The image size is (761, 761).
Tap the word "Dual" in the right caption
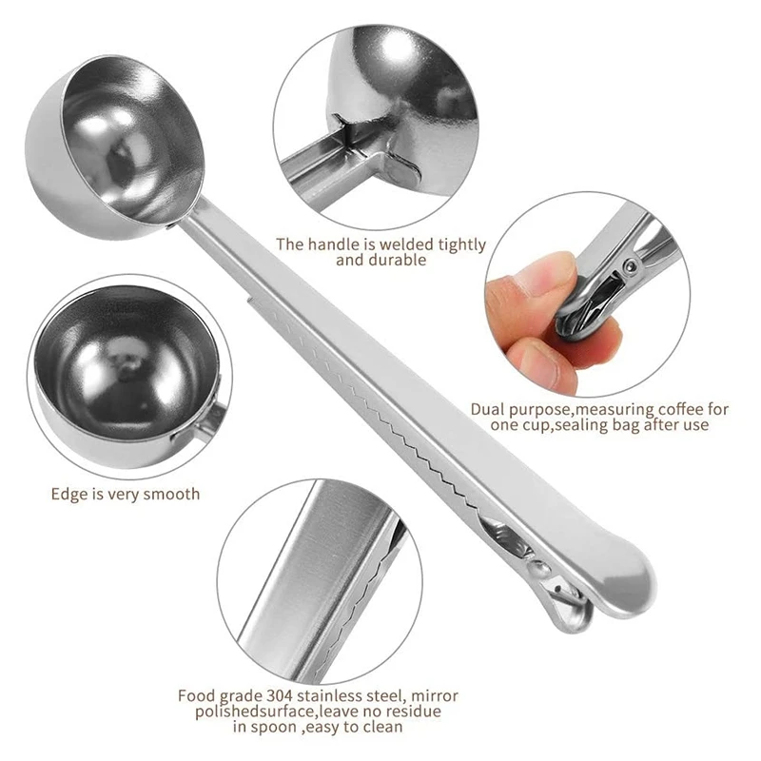pyautogui.click(x=489, y=409)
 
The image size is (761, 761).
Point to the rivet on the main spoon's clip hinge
pyautogui.click(x=539, y=568)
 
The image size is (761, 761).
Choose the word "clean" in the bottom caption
pyautogui.click(x=380, y=728)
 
